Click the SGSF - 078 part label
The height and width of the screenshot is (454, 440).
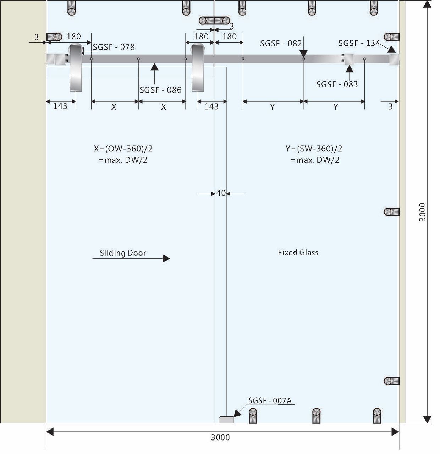[x=114, y=47]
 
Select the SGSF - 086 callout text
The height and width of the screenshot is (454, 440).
[x=160, y=90]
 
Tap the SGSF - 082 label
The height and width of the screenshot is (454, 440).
[x=281, y=44]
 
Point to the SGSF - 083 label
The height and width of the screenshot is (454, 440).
[x=337, y=84]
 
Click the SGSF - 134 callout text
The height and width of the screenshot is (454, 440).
[x=359, y=43]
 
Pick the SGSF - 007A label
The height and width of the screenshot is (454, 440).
[x=270, y=401]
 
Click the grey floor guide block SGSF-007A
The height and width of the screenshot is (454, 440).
[x=226, y=420]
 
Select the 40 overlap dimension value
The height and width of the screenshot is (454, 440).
[x=221, y=193]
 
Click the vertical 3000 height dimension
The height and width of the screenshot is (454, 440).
[x=423, y=212]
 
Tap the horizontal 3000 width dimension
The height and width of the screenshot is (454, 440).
[x=220, y=438]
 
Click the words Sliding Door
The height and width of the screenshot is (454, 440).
[x=123, y=253]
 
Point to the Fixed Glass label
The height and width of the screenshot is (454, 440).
[x=298, y=253]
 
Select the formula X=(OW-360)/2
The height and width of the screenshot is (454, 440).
[x=123, y=149]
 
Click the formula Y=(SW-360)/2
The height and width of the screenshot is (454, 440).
[x=314, y=149]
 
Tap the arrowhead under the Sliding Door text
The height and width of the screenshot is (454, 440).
[x=166, y=258]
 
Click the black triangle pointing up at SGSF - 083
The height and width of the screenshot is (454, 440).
[x=350, y=68]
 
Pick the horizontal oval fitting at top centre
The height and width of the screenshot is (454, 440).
[x=214, y=21]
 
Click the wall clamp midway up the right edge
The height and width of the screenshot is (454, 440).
[x=392, y=212]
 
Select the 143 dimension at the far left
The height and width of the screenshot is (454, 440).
[x=60, y=106]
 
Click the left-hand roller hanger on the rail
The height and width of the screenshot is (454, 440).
[x=76, y=67]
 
